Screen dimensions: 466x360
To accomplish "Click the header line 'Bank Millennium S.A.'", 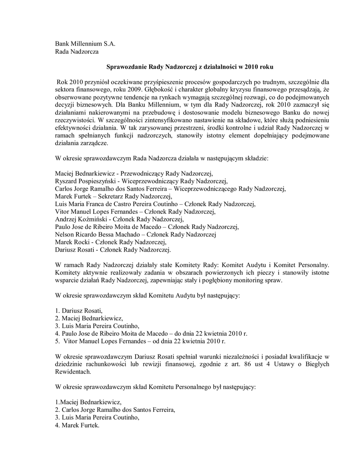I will click(x=85, y=44).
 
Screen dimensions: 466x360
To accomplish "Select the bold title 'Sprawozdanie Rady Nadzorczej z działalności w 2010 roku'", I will click(x=190, y=66).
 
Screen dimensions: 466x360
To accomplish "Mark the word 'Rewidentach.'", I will click(x=73, y=371).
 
